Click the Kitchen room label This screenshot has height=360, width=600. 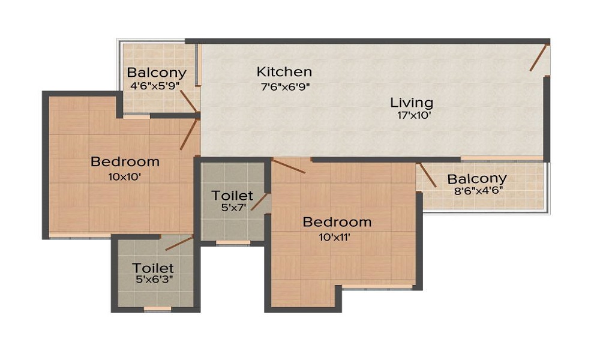click(284, 72)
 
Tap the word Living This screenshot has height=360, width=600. click(412, 102)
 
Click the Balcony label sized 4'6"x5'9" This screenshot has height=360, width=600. click(157, 73)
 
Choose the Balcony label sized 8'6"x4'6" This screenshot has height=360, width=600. click(477, 179)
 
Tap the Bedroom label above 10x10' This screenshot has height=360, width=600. click(125, 161)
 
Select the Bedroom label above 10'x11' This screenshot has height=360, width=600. click(337, 222)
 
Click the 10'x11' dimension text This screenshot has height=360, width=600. click(335, 236)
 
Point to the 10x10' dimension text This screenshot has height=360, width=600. click(125, 176)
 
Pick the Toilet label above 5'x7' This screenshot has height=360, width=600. click(232, 196)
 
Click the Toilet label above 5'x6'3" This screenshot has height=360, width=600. click(153, 268)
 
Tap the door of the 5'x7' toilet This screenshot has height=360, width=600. click(259, 202)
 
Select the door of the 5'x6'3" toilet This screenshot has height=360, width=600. click(179, 243)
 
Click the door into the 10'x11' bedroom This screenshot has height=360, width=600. click(289, 166)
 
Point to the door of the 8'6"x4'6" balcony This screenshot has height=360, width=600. click(428, 175)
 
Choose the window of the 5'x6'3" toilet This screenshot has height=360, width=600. click(158, 309)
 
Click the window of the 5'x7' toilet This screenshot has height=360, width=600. click(233, 243)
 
